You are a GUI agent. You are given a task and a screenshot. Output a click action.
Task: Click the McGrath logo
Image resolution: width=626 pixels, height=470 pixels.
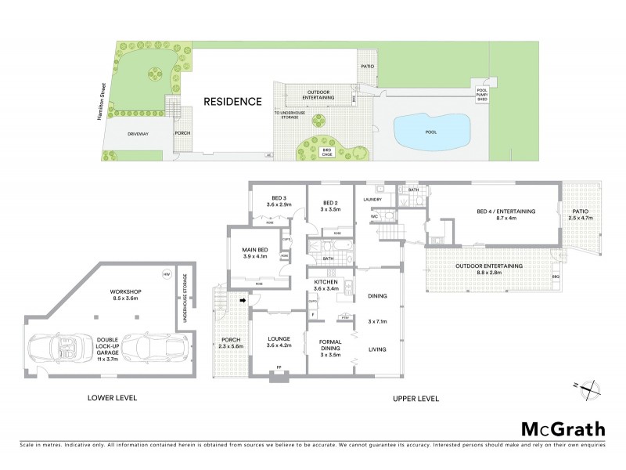[562, 428]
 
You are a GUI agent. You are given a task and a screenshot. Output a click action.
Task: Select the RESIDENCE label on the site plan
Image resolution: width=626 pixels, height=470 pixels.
[232, 101]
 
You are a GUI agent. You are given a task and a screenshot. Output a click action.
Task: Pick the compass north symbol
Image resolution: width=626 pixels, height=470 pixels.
[593, 386]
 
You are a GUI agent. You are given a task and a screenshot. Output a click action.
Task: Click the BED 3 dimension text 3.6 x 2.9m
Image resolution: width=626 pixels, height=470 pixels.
[279, 204]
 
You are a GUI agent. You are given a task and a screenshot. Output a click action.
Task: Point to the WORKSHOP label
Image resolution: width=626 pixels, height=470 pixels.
[127, 291]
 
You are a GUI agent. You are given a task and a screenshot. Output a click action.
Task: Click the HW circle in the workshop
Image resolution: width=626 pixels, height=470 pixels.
[166, 274]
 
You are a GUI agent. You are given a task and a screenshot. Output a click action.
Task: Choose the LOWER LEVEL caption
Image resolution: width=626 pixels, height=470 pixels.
[113, 398]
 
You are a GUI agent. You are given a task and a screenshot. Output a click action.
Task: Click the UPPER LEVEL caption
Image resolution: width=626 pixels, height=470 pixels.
[414, 398]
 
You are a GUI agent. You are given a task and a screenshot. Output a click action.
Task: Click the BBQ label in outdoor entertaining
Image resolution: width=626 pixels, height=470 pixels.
[556, 277]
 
